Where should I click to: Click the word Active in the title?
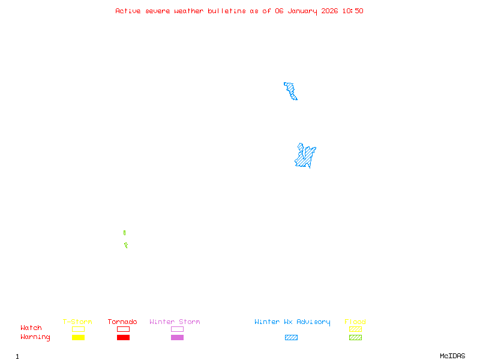[x=128, y=11]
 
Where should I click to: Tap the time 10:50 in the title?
[x=353, y=11]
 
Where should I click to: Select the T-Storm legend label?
[x=77, y=322]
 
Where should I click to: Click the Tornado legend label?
[x=122, y=322]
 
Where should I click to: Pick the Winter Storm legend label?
[x=175, y=322]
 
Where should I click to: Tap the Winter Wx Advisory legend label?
[x=292, y=322]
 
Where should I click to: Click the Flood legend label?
[x=355, y=322]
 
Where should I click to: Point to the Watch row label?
[x=31, y=328]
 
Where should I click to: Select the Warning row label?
[x=35, y=337]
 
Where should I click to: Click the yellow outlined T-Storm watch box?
[x=78, y=329]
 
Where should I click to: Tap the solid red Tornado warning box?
[x=123, y=337]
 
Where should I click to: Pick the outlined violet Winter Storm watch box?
[x=177, y=329]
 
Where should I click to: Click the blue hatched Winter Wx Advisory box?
[x=291, y=337]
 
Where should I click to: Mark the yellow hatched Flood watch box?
[x=355, y=329]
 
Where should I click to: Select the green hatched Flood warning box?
[x=355, y=337]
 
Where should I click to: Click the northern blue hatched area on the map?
[x=291, y=91]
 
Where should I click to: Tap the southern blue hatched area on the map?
[x=305, y=157]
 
